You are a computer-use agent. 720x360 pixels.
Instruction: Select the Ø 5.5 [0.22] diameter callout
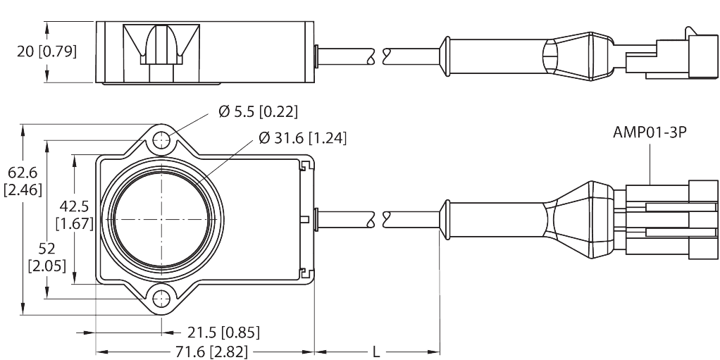click(x=259, y=111)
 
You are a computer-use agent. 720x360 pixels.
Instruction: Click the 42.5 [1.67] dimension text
click(x=73, y=215)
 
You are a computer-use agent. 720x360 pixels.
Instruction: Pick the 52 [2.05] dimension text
click(x=46, y=257)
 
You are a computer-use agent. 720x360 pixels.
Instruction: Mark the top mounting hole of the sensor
click(x=163, y=139)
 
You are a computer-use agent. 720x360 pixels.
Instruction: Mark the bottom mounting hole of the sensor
click(x=163, y=297)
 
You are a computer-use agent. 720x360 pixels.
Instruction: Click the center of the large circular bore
click(x=162, y=218)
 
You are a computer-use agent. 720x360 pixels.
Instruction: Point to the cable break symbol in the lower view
click(x=378, y=219)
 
